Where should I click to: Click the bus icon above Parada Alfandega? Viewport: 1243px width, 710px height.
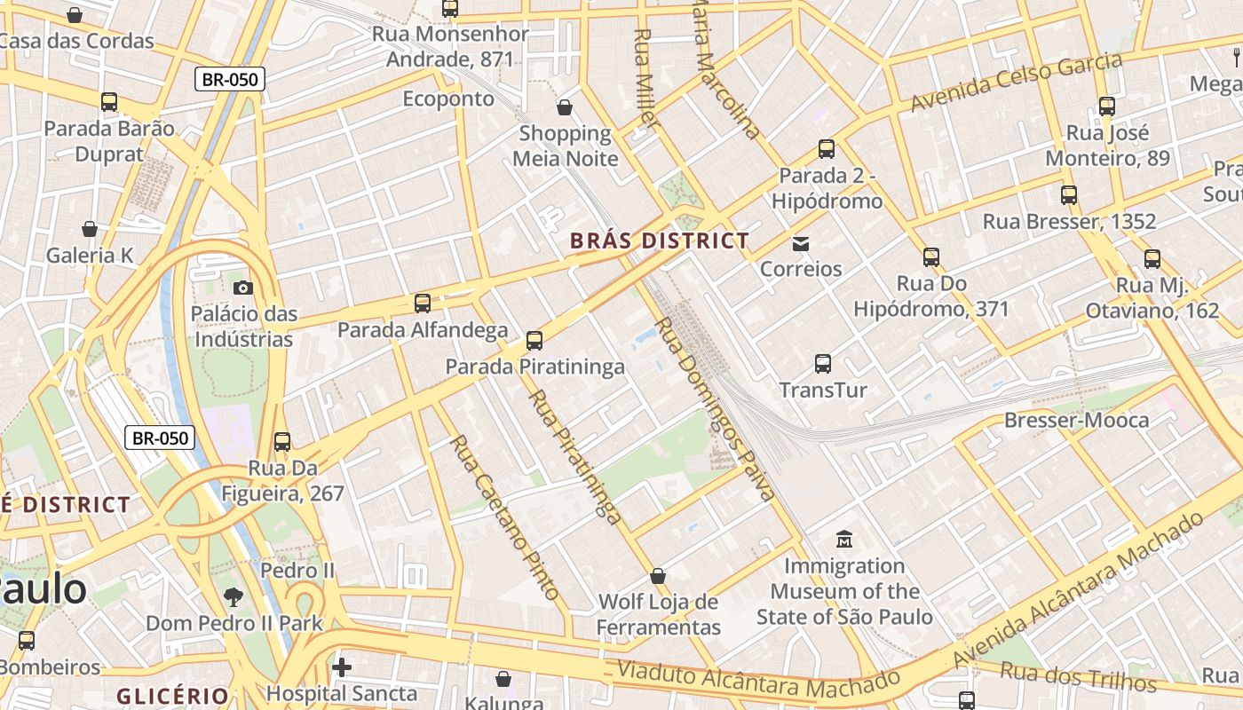[423, 304]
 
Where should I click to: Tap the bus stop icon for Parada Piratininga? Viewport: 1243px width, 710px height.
[534, 341]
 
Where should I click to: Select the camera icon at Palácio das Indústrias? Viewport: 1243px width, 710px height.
[242, 288]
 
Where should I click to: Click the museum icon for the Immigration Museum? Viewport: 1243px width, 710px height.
[843, 539]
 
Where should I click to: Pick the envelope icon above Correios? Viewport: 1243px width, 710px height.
[801, 243]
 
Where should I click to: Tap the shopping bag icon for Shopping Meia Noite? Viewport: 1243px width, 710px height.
[565, 108]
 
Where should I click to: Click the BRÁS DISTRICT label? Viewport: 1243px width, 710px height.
[659, 241]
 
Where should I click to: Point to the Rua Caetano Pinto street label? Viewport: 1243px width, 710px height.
[503, 517]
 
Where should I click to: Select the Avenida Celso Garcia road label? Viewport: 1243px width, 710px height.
[1016, 83]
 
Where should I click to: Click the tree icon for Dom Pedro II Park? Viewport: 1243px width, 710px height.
[234, 596]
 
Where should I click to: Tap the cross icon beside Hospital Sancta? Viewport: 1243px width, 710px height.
[342, 667]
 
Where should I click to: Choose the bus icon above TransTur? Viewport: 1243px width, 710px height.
[823, 363]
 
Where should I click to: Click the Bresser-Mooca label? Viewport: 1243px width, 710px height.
[1076, 420]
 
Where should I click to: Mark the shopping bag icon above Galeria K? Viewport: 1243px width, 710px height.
[90, 230]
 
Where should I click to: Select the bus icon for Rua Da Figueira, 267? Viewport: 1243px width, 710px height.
[282, 441]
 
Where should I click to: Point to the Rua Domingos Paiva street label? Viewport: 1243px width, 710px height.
[716, 409]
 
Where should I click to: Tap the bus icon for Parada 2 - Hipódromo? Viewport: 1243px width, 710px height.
[827, 149]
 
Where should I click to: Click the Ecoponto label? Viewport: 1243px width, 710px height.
[448, 99]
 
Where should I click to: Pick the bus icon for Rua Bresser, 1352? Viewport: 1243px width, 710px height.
[1069, 195]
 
